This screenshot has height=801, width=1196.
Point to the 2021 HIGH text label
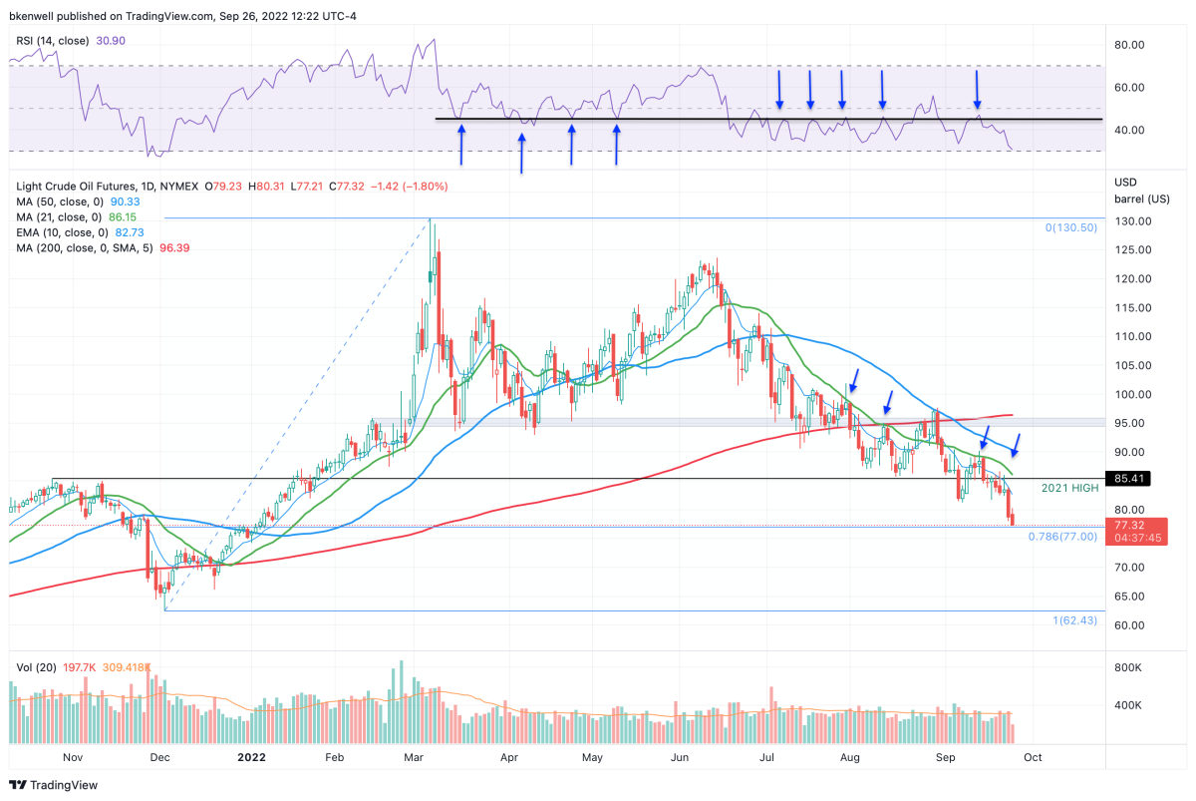(1069, 488)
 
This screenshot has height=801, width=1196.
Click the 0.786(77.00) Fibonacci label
(1061, 536)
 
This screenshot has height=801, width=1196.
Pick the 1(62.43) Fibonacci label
(1074, 620)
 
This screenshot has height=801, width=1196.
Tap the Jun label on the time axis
(680, 757)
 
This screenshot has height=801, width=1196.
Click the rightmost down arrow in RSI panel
(977, 90)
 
